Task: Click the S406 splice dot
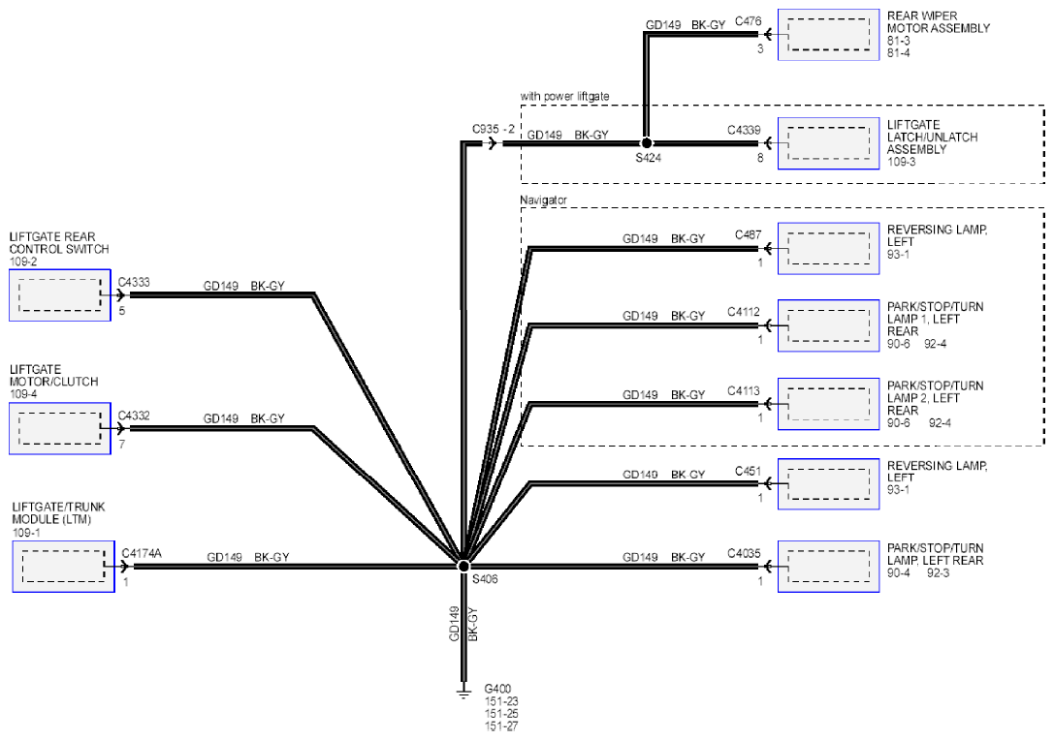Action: point(463,566)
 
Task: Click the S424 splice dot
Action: point(646,143)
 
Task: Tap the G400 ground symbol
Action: point(463,691)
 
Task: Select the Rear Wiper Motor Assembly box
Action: point(828,35)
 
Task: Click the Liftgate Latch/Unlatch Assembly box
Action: point(828,143)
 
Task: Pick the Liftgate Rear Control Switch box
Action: point(60,295)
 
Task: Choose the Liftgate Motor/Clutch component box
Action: point(60,428)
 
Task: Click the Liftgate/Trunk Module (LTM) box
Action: point(64,567)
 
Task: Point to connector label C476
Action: point(749,21)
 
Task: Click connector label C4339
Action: point(744,130)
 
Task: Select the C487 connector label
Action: point(749,235)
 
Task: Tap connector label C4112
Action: point(744,312)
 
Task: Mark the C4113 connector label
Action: point(744,390)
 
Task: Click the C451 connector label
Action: point(749,472)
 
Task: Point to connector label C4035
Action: point(744,554)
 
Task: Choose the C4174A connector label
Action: point(142,553)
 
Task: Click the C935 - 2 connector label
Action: point(494,129)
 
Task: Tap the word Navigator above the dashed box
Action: point(543,200)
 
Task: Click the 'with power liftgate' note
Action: point(564,96)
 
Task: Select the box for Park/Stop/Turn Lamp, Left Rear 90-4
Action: point(828,567)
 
